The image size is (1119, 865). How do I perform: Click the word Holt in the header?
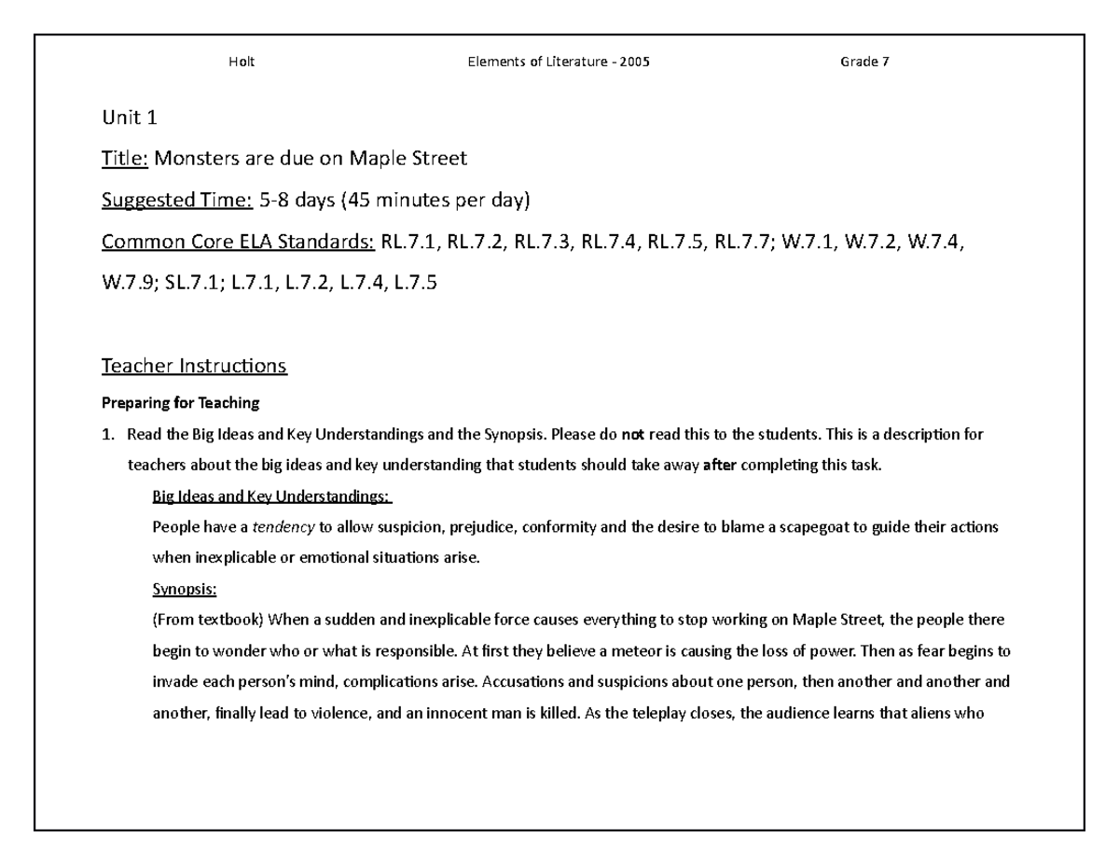(x=242, y=62)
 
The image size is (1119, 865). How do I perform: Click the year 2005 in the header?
(x=634, y=62)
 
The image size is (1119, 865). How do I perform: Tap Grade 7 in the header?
(x=858, y=62)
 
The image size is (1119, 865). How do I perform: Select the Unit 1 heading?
(x=122, y=118)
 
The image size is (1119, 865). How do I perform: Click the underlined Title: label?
(x=125, y=159)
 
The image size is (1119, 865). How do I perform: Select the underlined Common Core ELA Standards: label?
(x=238, y=242)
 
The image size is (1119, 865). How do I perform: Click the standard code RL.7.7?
(x=743, y=242)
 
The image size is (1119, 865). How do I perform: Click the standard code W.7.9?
(x=130, y=283)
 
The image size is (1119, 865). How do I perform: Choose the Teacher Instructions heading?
(x=194, y=366)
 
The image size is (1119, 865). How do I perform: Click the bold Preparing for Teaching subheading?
(x=180, y=404)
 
